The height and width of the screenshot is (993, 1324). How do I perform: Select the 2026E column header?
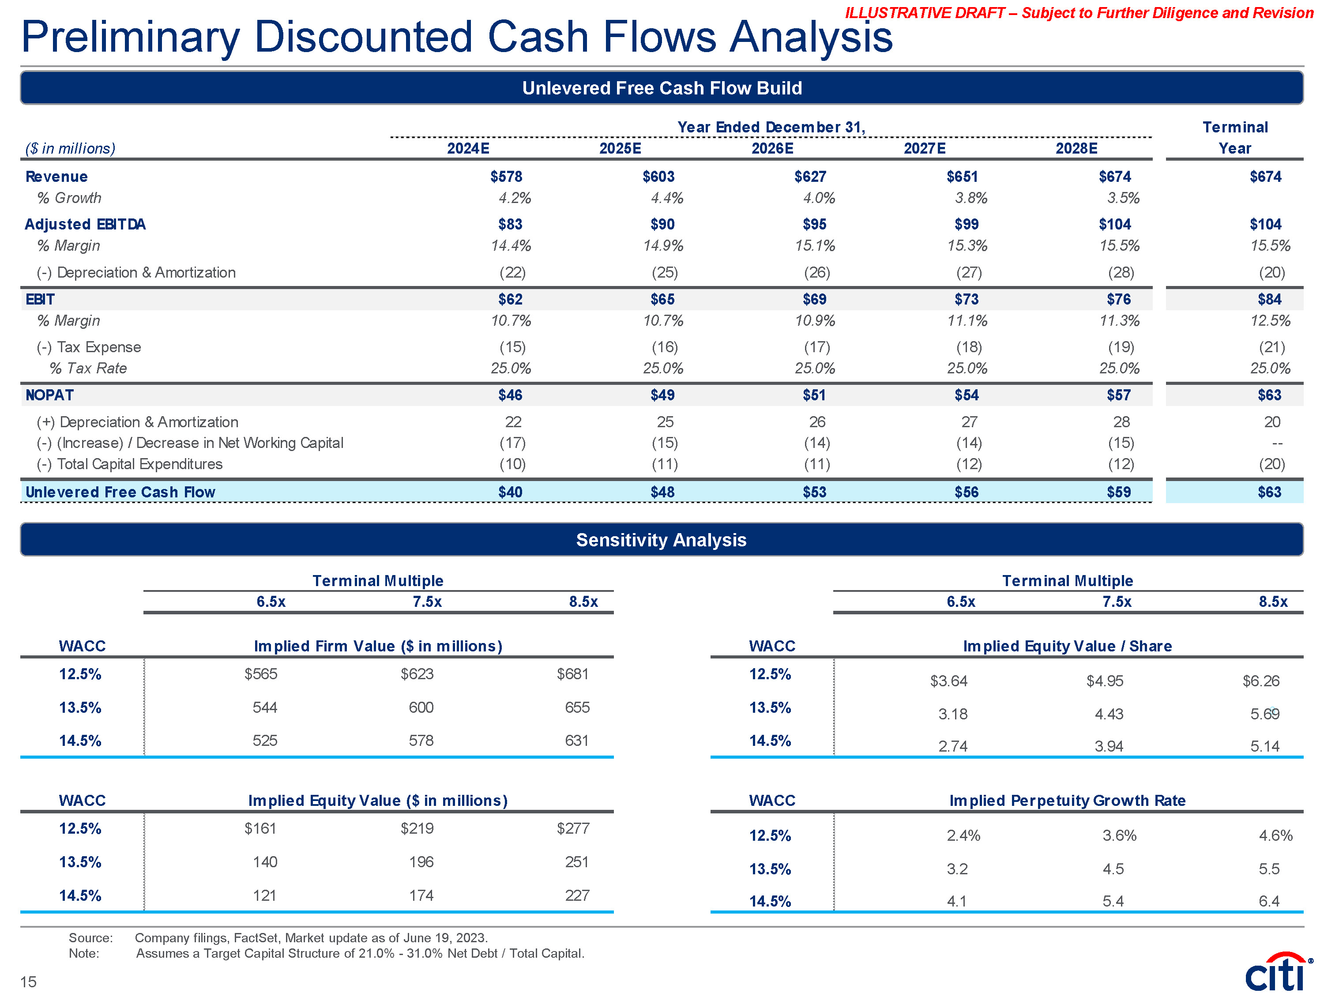[772, 148]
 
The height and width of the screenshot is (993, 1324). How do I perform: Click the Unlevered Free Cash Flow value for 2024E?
[510, 492]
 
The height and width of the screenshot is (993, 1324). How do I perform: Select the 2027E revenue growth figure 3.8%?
[971, 198]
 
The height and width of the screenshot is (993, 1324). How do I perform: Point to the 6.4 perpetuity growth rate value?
[1268, 901]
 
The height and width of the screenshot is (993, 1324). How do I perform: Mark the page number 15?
[28, 982]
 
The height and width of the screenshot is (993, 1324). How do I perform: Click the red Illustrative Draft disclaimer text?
[1079, 13]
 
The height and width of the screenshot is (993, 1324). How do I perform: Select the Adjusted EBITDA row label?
[85, 225]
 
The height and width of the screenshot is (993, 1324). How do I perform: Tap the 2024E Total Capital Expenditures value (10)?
[512, 464]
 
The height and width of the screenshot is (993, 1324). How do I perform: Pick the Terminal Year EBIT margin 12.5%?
[1270, 321]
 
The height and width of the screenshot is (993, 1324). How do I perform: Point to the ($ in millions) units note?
[70, 148]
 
